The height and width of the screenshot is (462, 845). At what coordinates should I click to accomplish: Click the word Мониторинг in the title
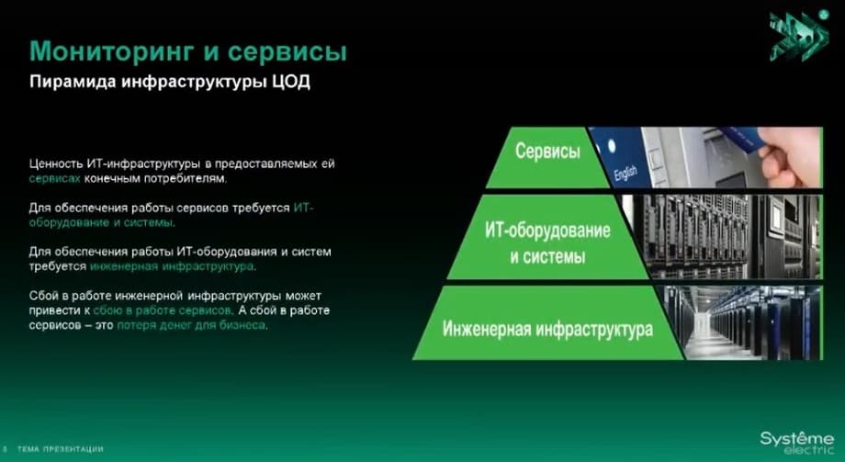coord(111,52)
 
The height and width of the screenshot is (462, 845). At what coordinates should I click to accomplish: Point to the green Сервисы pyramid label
coord(547,151)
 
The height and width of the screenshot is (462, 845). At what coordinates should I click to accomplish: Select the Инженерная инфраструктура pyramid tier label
coord(547,328)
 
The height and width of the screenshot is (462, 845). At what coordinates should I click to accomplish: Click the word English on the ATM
coord(625,173)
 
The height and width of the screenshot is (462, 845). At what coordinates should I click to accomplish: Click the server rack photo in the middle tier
coord(722,237)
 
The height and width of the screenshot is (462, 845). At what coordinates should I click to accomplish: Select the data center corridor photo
coord(743,322)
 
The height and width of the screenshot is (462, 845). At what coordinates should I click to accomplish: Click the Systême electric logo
coord(796,442)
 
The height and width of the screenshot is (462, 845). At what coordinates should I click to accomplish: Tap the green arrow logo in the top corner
coord(800,36)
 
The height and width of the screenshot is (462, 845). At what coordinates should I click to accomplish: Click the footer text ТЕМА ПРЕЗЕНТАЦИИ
coord(60,448)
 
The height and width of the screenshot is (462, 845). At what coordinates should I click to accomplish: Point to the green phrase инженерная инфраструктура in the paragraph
coord(172,266)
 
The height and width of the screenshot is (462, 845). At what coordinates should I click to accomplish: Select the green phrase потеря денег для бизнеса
coord(191,325)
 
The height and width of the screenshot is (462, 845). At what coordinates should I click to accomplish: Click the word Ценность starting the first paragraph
coord(56,163)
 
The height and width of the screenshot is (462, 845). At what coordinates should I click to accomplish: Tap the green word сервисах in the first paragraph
coord(54,178)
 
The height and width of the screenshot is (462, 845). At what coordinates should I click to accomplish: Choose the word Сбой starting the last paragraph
coord(41,296)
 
